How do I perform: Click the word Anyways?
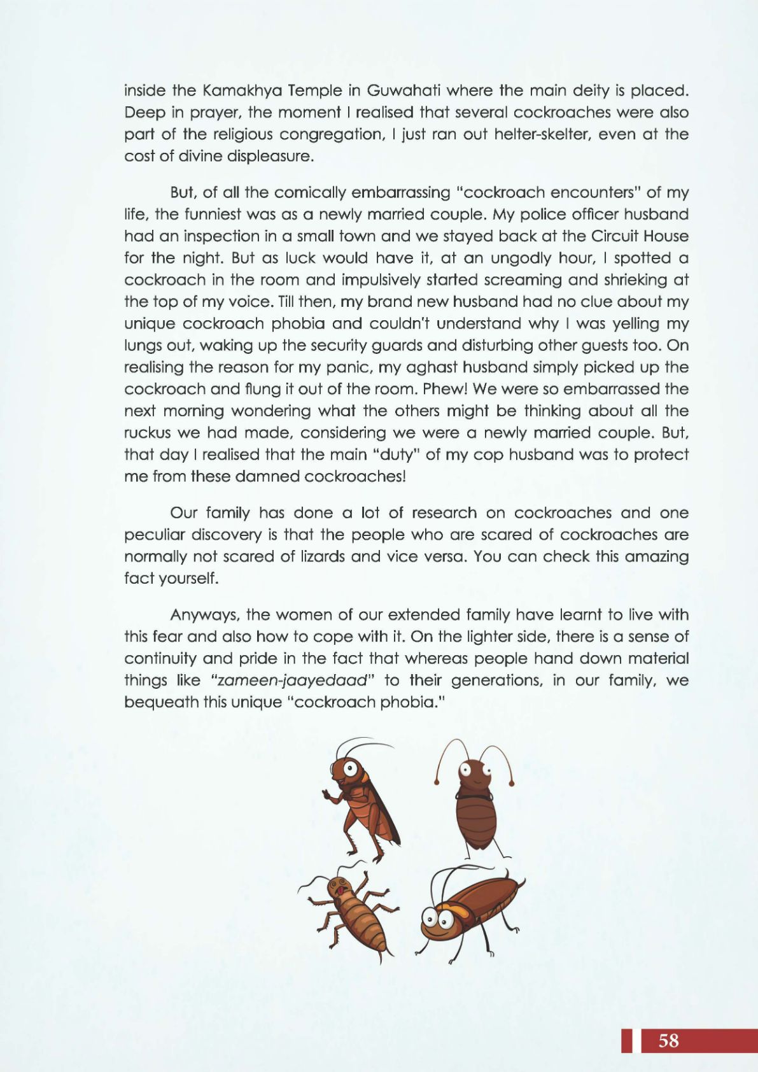coord(205,615)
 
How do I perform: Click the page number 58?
coord(669,1040)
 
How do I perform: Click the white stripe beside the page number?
coord(635,1040)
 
